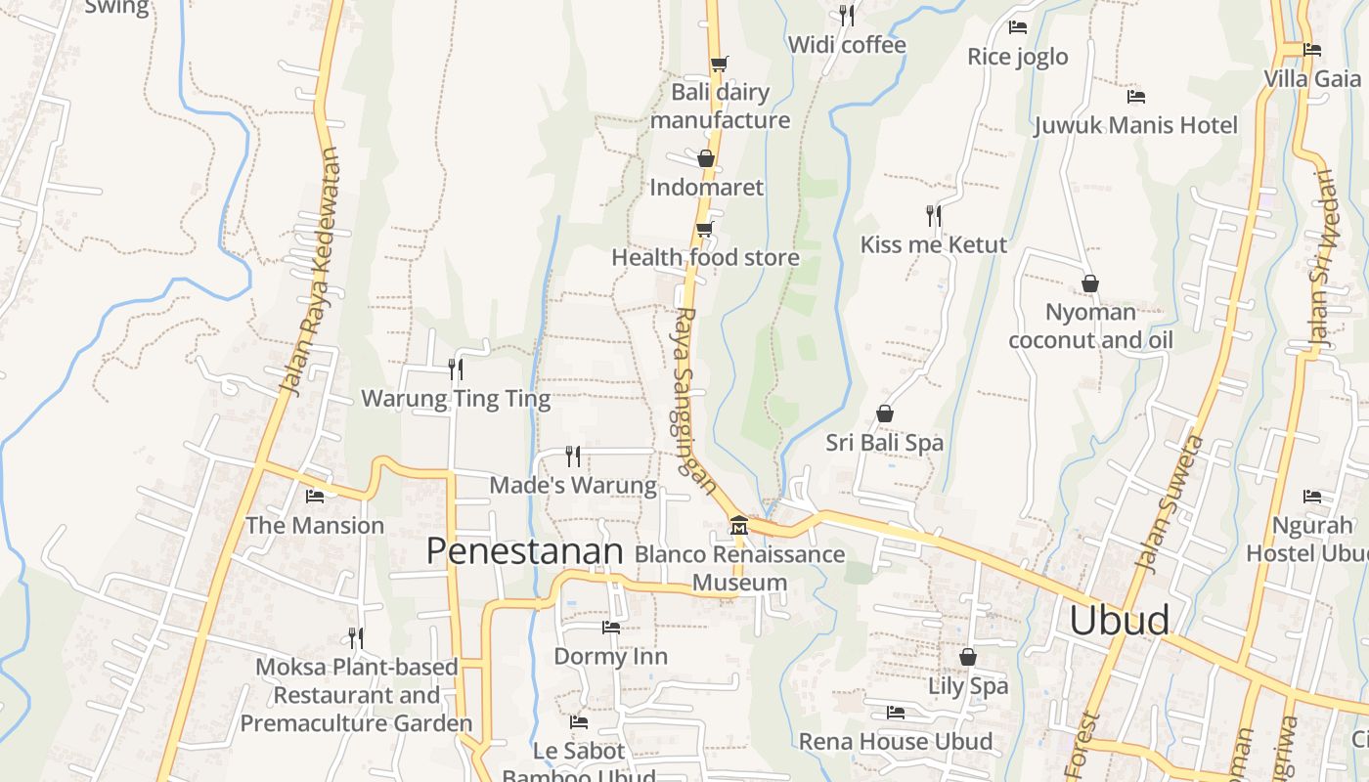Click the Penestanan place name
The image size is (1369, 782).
click(524, 551)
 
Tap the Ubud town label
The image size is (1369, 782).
click(1119, 620)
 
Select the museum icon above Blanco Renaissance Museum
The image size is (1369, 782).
click(739, 526)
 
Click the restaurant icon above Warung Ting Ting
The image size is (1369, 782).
click(456, 369)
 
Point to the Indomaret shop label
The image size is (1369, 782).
click(706, 187)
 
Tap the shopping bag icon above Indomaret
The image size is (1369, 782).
click(706, 158)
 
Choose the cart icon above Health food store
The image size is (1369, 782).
click(704, 230)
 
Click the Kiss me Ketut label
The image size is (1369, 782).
click(933, 244)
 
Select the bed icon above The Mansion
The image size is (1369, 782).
click(315, 497)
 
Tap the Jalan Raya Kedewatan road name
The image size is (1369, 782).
click(310, 272)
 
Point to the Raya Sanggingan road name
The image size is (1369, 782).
click(691, 401)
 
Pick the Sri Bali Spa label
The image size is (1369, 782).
click(884, 443)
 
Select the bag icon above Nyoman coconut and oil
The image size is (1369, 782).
click(1090, 283)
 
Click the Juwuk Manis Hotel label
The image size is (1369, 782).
click(1135, 125)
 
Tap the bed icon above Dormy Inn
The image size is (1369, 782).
click(611, 628)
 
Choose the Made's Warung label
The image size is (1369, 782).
click(573, 485)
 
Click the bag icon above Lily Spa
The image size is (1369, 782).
click(968, 657)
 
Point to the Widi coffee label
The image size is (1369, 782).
click(846, 45)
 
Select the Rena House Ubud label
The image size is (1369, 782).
click(895, 741)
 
